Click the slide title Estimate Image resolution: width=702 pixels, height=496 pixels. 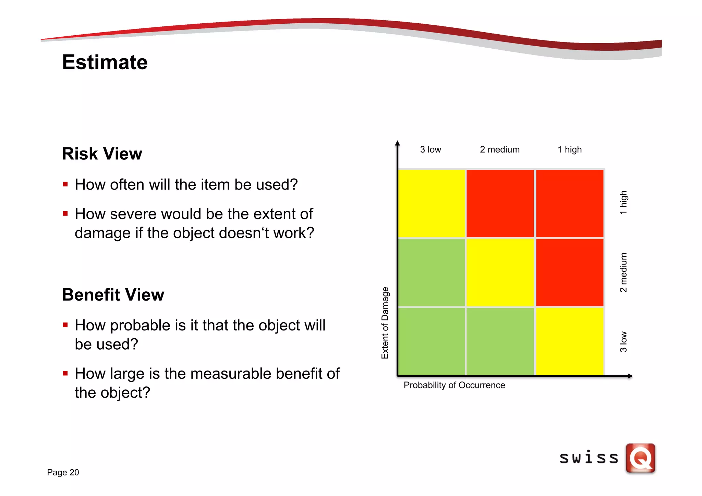(105, 62)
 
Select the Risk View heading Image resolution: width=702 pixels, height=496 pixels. (102, 154)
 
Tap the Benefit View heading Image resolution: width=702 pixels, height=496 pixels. (113, 294)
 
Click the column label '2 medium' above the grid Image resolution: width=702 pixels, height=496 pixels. (499, 149)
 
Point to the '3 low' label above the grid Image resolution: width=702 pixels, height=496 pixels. (430, 149)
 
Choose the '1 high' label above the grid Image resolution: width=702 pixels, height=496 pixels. (569, 149)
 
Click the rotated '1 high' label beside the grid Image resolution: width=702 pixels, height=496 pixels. (623, 203)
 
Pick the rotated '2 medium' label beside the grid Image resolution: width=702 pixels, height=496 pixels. (623, 273)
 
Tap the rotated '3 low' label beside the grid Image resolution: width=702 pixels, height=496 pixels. (623, 341)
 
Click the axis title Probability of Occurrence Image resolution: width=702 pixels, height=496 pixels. (454, 385)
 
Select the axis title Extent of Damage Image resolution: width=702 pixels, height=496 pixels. (385, 323)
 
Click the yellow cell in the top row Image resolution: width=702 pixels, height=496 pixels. (431, 203)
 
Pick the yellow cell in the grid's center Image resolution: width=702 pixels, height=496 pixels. (500, 273)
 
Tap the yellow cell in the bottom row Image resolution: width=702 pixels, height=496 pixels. (569, 341)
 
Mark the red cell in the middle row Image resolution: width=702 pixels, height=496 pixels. (569, 273)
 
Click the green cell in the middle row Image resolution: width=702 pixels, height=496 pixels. (431, 273)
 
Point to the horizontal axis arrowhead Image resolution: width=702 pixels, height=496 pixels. (630, 376)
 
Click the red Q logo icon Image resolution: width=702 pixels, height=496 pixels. (640, 458)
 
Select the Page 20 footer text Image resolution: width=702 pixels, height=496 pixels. (63, 472)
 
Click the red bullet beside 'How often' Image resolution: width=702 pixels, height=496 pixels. (65, 184)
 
